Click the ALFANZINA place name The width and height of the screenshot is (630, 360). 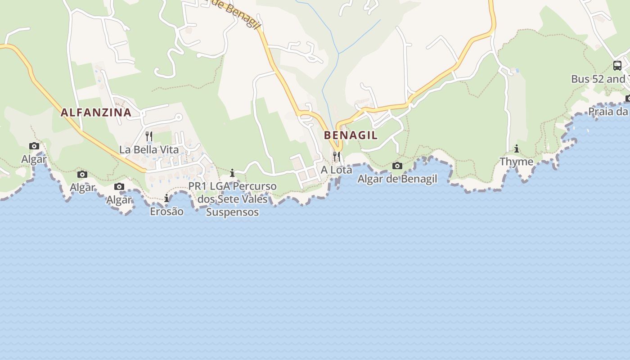96,112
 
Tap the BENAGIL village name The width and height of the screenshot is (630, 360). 351,135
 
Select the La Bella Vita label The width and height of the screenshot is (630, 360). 149,149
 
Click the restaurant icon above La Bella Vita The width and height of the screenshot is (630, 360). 149,135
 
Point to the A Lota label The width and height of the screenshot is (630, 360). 336,170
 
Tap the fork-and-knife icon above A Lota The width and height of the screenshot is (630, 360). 336,156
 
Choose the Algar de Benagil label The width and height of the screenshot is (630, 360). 397,179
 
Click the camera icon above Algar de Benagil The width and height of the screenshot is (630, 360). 397,166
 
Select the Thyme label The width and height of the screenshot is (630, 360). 517,162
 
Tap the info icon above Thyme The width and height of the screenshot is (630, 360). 517,148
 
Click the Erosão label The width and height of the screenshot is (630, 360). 166,211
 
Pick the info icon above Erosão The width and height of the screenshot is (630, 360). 166,198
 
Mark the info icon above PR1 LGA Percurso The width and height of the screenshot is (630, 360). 232,173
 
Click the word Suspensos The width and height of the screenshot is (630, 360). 232,212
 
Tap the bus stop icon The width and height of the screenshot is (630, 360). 617,66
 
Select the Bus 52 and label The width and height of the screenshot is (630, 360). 598,79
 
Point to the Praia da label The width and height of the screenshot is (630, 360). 608,111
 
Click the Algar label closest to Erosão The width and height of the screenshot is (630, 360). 119,200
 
